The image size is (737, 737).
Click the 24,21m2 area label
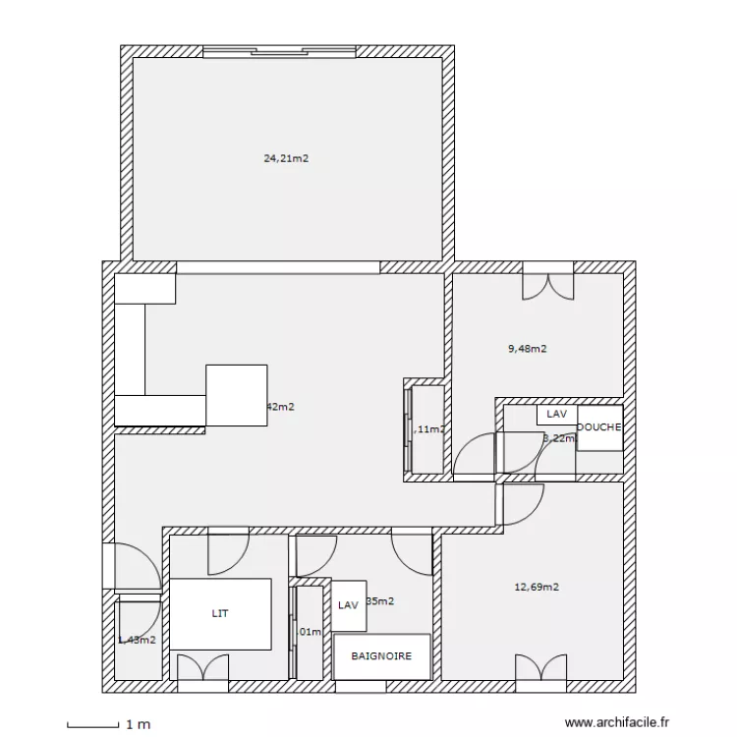click(286, 157)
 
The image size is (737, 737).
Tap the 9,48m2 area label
click(527, 348)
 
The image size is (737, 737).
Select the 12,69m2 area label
click(537, 588)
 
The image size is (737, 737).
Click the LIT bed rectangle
click(221, 613)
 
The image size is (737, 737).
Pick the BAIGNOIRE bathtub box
click(381, 656)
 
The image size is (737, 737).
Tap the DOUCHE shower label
click(598, 427)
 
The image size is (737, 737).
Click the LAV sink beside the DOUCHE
click(556, 415)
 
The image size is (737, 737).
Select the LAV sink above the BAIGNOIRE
click(348, 606)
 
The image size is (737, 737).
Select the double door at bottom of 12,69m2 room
click(542, 669)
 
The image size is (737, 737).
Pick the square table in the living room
click(237, 395)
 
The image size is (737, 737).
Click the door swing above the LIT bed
click(227, 551)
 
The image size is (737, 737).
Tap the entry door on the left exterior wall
click(128, 570)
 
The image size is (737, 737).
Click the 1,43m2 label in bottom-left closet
click(137, 640)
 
